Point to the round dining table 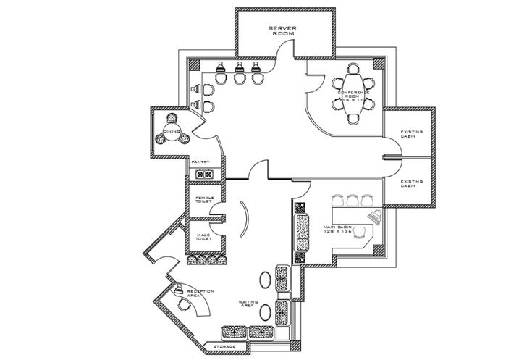pos(172,131)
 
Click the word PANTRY pos(200,162)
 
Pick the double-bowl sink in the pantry pos(203,173)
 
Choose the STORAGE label pos(224,348)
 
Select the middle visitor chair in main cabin pos(354,199)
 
